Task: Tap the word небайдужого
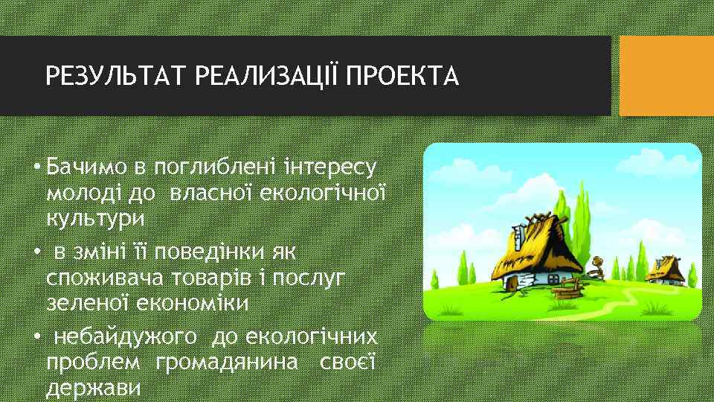tap(126, 338)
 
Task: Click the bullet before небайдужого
tap(35, 338)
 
